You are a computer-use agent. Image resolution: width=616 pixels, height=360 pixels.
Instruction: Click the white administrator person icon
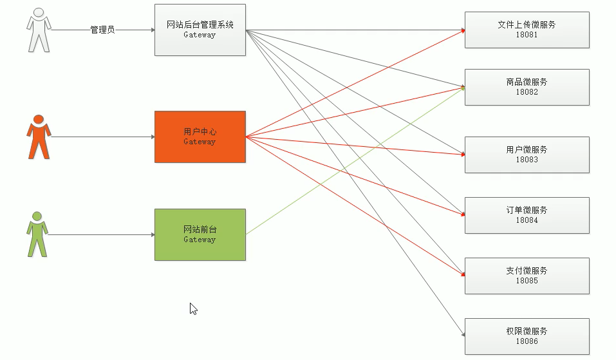click(x=38, y=30)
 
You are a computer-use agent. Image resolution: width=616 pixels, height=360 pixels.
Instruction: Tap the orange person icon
click(x=39, y=137)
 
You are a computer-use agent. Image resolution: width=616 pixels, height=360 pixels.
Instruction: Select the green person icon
click(x=37, y=234)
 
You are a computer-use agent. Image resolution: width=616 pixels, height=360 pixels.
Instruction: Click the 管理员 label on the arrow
click(x=102, y=30)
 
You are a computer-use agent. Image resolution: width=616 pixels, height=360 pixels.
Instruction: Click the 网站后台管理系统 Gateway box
click(x=200, y=30)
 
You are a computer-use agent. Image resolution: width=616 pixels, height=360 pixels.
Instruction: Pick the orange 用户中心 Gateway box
click(x=200, y=137)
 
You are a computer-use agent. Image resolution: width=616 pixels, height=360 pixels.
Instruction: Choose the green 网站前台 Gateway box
click(x=200, y=234)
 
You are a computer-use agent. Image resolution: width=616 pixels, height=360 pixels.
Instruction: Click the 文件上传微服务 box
click(x=527, y=30)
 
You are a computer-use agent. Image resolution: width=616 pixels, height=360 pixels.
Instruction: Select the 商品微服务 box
click(x=527, y=87)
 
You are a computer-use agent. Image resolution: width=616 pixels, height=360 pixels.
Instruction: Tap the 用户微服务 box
click(x=527, y=155)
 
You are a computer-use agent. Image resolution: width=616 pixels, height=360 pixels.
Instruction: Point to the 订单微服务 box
click(x=527, y=215)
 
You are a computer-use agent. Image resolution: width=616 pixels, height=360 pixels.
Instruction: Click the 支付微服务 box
click(x=527, y=276)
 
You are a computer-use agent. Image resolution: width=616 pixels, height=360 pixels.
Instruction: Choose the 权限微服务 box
click(x=527, y=336)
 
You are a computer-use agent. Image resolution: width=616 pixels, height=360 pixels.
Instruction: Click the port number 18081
click(x=527, y=35)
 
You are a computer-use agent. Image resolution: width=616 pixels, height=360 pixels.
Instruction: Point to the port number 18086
click(x=527, y=342)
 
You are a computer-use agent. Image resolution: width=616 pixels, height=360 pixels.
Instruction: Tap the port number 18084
click(x=527, y=221)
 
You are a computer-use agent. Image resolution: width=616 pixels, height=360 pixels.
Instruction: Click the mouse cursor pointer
click(x=192, y=308)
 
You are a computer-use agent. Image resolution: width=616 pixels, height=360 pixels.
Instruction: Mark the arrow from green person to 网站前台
click(x=102, y=234)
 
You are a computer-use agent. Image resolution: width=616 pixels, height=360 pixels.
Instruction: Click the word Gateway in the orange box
click(x=200, y=142)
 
